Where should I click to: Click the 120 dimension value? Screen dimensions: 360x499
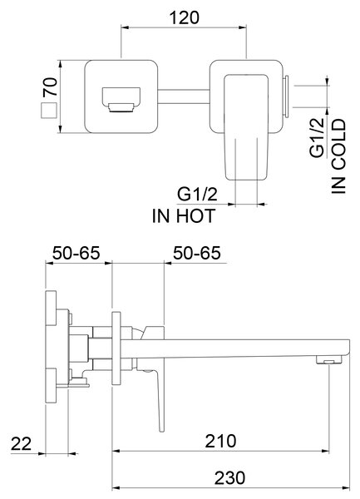coord(184,17)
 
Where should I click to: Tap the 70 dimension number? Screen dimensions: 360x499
coord(51,86)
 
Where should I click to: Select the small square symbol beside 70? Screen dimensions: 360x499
coord(49,111)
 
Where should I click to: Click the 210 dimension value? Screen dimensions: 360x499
coord(220,441)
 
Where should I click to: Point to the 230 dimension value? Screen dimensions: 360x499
coord(229,477)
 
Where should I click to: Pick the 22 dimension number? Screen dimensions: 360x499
coord(22,443)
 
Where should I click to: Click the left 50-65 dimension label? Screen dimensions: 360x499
coord(76,254)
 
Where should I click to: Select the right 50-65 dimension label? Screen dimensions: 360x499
coord(196,254)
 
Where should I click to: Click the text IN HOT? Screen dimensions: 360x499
coord(184,215)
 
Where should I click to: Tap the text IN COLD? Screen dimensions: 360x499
coord(338,156)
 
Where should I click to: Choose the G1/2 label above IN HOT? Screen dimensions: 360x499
coord(197,195)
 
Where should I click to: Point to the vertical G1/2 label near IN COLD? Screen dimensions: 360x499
coord(317,137)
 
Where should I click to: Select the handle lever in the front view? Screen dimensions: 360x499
coord(245,127)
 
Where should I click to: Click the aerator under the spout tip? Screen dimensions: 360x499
coord(328,360)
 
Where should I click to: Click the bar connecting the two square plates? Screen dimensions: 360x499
coord(184,96)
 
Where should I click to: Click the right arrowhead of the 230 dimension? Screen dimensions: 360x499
coord(346,488)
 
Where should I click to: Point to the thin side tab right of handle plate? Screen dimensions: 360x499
coord(286,96)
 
